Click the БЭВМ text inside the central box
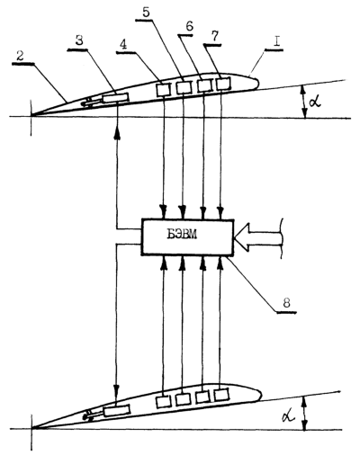(x=182, y=235)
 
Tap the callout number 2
(x=20, y=57)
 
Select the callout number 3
(x=79, y=40)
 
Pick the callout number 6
(x=189, y=27)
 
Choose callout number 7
(x=214, y=37)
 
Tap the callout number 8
(x=286, y=304)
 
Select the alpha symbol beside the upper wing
(x=315, y=102)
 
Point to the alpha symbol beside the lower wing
(x=289, y=415)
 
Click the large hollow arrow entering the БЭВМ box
(x=258, y=236)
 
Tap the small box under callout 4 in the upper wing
(x=164, y=89)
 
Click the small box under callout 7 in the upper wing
(x=223, y=84)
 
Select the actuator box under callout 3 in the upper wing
(x=115, y=98)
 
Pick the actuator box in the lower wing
(x=117, y=410)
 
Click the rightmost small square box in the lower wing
(x=221, y=395)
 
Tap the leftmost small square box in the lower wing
(x=163, y=401)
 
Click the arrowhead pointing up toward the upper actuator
(x=117, y=134)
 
